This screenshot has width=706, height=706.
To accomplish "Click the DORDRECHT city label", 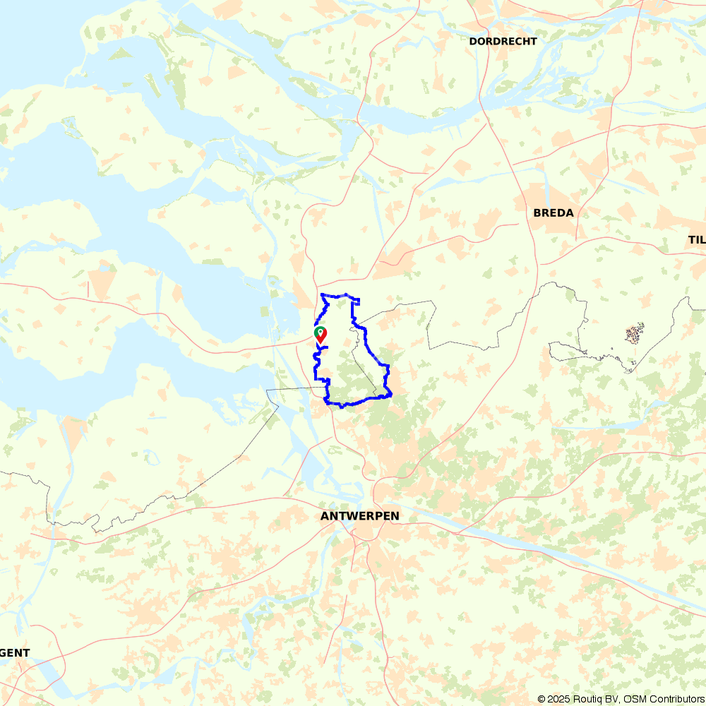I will pyautogui.click(x=503, y=41).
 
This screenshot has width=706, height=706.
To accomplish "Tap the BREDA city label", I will pyautogui.click(x=554, y=213).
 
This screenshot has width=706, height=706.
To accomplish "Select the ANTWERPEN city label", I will pyautogui.click(x=359, y=516).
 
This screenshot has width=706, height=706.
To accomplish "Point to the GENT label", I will pyautogui.click(x=15, y=653).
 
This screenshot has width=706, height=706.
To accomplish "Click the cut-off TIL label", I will pyautogui.click(x=697, y=240).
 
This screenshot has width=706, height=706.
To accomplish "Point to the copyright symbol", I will pyautogui.click(x=542, y=699).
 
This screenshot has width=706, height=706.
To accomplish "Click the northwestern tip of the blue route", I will pyautogui.click(x=322, y=294).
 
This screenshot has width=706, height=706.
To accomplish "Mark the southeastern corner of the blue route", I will pyautogui.click(x=390, y=395).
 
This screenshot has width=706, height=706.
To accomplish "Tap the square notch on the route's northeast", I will pyautogui.click(x=357, y=301).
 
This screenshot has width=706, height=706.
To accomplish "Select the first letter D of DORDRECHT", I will pyautogui.click(x=473, y=41).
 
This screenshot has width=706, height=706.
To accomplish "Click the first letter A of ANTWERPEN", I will pyautogui.click(x=325, y=516).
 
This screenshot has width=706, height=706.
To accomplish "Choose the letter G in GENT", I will pyautogui.click(x=4, y=653).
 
